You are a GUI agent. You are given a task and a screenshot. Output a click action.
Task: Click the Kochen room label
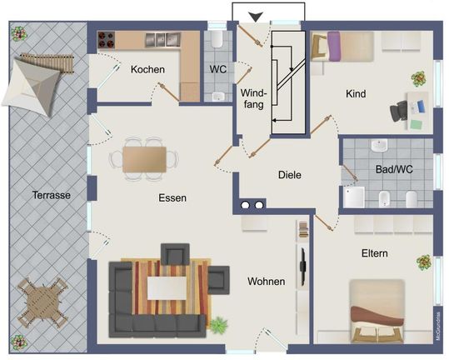[x=147, y=69]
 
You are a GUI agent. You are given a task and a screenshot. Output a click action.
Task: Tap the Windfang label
[x=253, y=98]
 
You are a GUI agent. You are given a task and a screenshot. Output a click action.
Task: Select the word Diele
[x=290, y=175]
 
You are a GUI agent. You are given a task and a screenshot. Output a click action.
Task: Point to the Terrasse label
[x=52, y=195]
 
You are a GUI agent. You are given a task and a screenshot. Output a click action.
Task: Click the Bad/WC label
[x=394, y=169]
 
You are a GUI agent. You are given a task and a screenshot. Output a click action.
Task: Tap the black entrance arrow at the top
[x=256, y=17]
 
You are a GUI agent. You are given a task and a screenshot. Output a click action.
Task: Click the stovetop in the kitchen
[x=107, y=40]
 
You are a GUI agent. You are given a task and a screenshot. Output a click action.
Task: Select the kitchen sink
[x=163, y=40]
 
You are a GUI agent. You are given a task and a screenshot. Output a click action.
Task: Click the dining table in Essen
[x=145, y=159]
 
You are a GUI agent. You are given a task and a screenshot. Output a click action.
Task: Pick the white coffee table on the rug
[x=167, y=288]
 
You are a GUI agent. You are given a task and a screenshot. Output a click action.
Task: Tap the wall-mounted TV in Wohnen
[x=302, y=267]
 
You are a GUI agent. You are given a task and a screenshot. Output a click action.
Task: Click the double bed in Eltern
[x=377, y=311]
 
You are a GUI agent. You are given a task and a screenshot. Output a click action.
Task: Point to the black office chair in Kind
[x=398, y=111]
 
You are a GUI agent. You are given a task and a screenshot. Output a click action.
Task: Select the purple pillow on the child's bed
[x=334, y=47]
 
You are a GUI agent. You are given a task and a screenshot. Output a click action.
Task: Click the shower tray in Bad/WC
[x=354, y=197]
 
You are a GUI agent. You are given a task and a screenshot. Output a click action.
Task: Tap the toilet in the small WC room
[x=217, y=39]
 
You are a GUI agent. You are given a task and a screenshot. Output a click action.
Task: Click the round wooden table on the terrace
[x=42, y=302]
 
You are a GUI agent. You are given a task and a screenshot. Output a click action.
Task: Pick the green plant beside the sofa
[x=219, y=325]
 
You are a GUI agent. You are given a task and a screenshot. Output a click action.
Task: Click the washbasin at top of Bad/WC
[x=379, y=145]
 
